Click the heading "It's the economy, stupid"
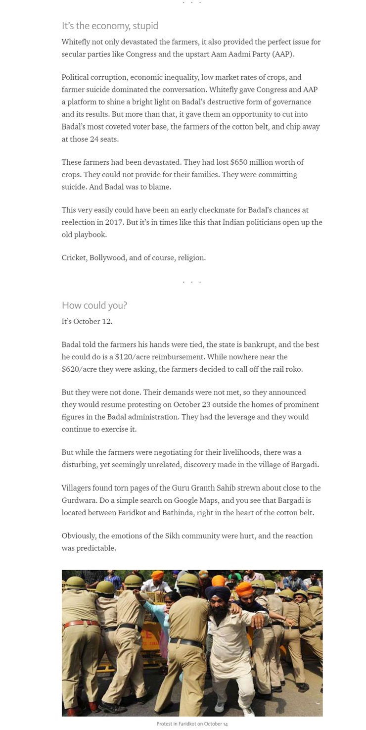pos(110,26)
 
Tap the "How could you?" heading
pos(94,305)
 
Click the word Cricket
pos(73,258)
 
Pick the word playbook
pos(91,235)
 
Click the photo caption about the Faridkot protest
pos(192,724)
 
